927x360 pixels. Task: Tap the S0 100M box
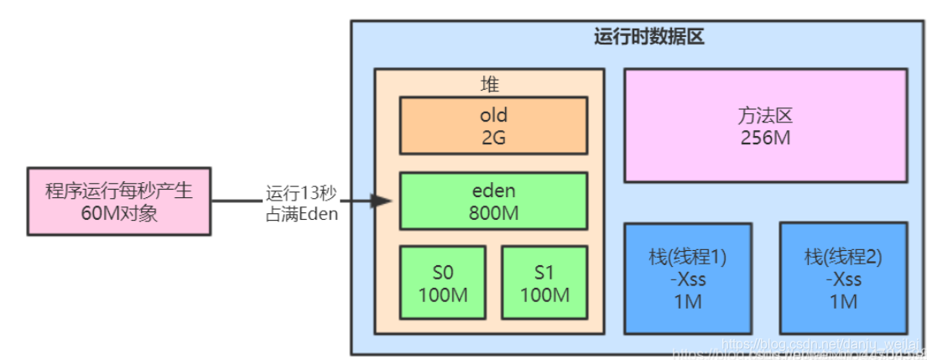[441, 283]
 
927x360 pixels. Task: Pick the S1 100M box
[544, 283]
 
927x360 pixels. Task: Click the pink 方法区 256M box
[765, 126]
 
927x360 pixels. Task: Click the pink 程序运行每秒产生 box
[118, 201]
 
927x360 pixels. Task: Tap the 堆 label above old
[489, 84]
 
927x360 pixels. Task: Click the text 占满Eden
[301, 213]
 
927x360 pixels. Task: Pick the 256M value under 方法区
[765, 137]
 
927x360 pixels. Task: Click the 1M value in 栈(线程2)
[843, 300]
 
